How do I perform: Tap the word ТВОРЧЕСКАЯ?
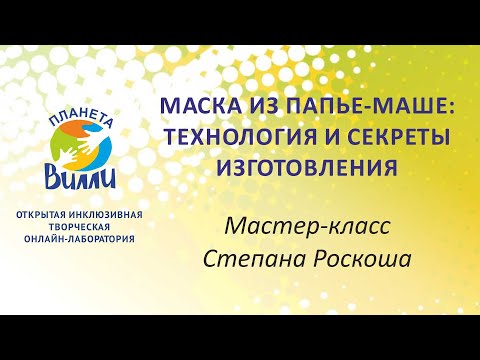(x=89, y=228)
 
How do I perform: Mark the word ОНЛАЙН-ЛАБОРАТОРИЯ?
(x=89, y=241)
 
